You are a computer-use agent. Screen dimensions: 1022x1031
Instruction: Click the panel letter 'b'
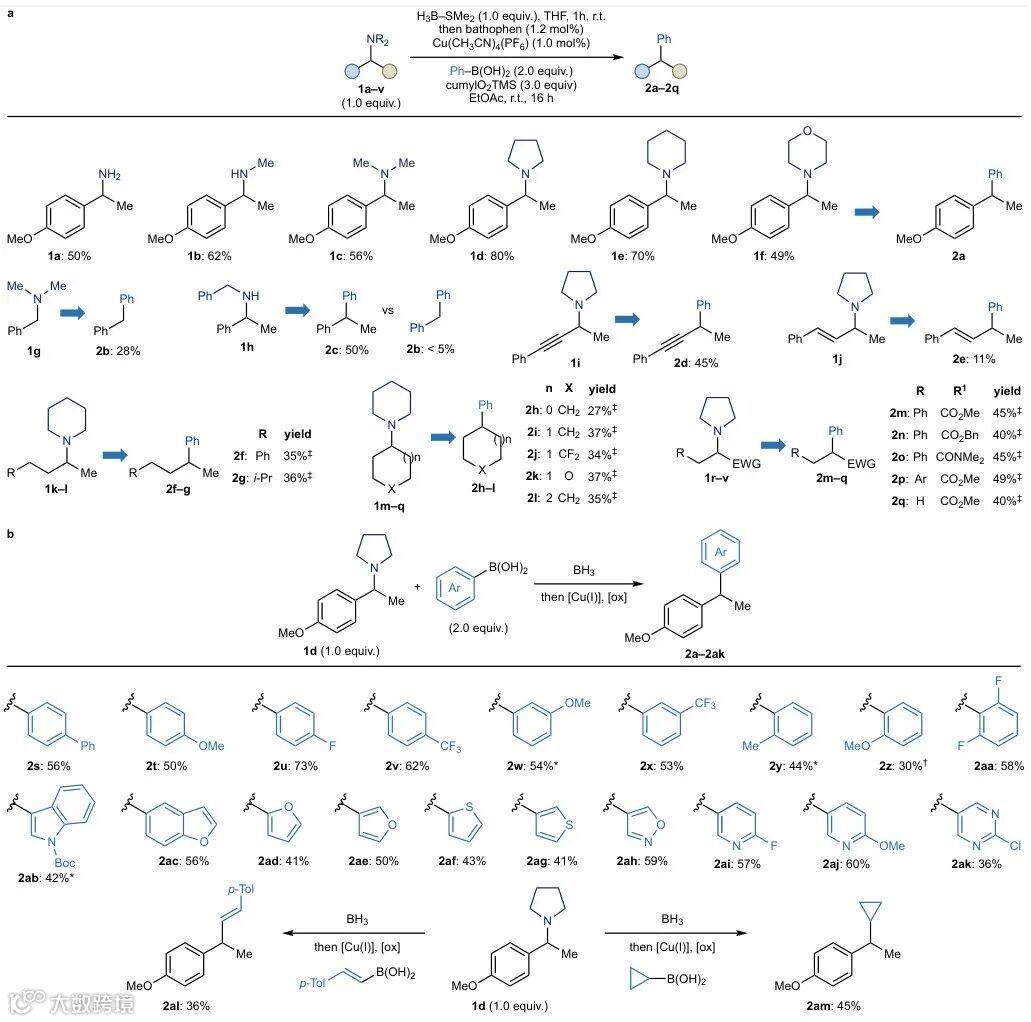point(10,535)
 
